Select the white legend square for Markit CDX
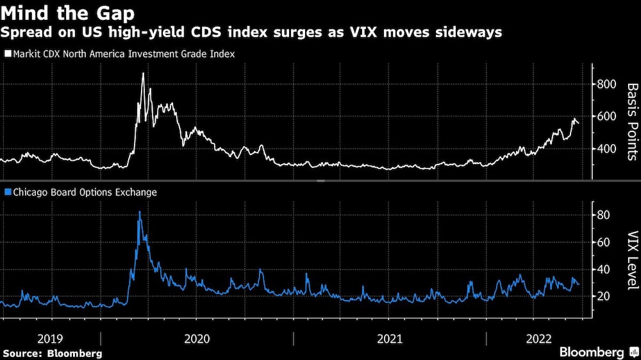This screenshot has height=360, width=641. coord(8,54)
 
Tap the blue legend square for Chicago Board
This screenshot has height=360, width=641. coord(8,192)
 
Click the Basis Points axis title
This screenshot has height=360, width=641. coord(631,121)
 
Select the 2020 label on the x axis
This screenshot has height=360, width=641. coord(197,339)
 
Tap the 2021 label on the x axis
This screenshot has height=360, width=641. coord(389,339)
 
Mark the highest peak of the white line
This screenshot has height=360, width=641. coord(143,73)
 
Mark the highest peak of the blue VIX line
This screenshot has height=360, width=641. coord(140,211)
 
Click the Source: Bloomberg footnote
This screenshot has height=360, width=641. coord(52,353)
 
